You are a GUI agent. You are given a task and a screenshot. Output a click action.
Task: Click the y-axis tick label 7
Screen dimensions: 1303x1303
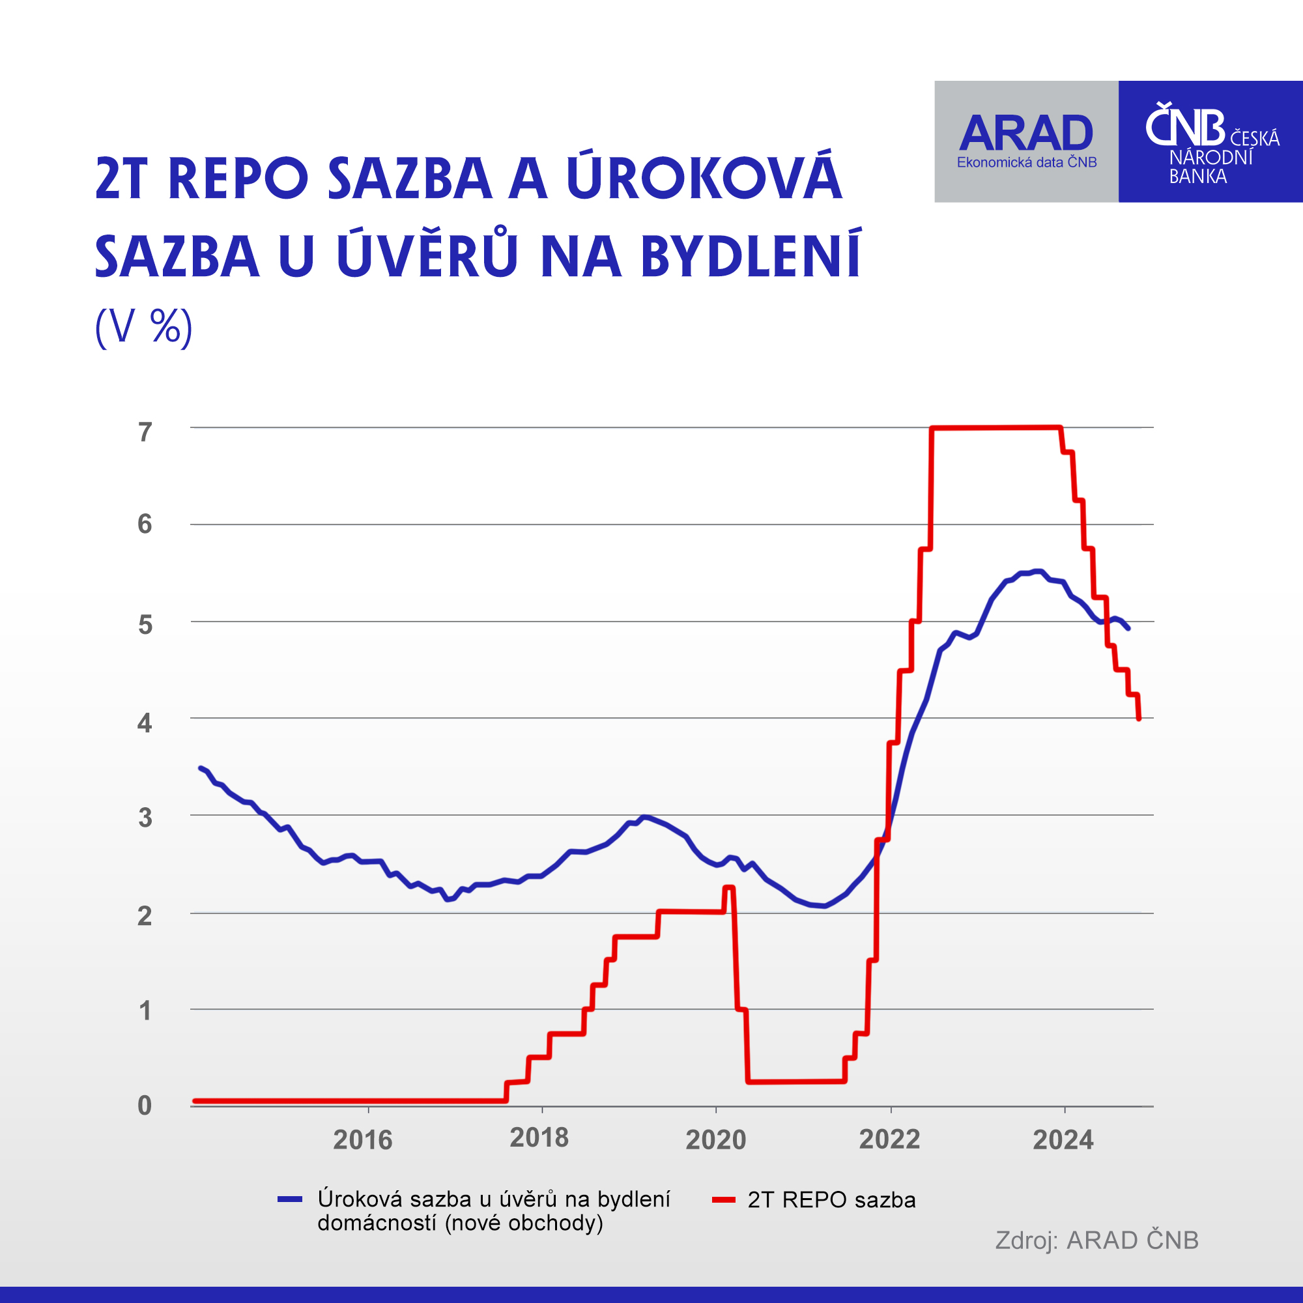[x=145, y=432]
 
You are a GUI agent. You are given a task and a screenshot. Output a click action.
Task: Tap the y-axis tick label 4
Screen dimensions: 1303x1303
[x=145, y=724]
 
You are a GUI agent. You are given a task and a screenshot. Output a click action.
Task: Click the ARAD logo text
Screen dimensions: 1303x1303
[x=1026, y=133]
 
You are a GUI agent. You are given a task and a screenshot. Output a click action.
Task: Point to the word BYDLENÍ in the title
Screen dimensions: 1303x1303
[x=751, y=257]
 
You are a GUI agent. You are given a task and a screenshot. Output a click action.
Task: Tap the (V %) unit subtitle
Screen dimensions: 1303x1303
[x=143, y=328]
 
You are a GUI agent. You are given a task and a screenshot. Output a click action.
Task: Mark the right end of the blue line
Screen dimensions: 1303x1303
[x=1128, y=628]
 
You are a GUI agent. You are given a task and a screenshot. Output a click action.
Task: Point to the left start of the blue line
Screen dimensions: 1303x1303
[x=200, y=768]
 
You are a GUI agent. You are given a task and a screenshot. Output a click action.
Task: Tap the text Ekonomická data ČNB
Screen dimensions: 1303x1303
[x=1027, y=162]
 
